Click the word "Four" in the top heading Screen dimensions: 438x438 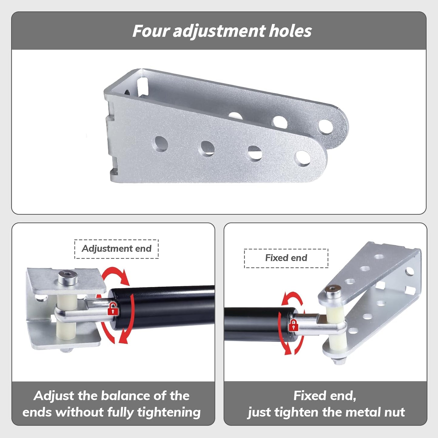(x=151, y=31)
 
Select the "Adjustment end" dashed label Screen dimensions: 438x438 (x=116, y=249)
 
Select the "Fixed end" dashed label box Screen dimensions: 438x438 (x=286, y=258)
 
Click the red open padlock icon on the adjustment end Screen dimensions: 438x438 (x=113, y=309)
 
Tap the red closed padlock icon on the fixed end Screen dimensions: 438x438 (x=293, y=325)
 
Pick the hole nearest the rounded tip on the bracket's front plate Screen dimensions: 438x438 (x=303, y=158)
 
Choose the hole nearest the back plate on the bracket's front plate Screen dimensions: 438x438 (x=161, y=144)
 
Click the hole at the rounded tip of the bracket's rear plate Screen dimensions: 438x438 (x=326, y=126)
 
